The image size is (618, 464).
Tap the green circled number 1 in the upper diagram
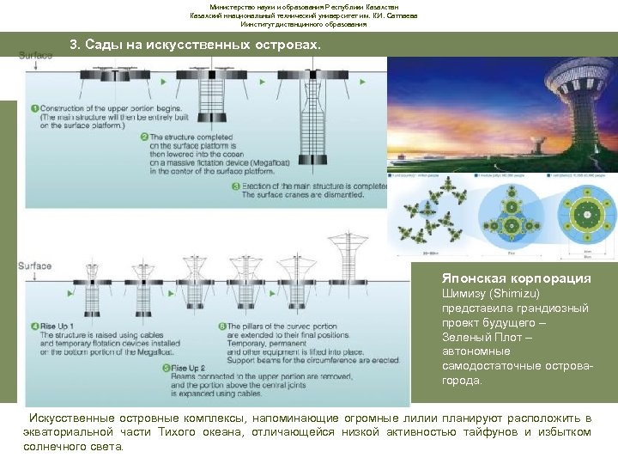[x=33, y=109]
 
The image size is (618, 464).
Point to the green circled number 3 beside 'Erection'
[x=235, y=186]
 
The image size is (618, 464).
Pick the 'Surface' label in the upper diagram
[x=36, y=56]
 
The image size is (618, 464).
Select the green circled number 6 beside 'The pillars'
[x=221, y=327]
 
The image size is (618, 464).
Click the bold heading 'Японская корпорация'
[x=516, y=278]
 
